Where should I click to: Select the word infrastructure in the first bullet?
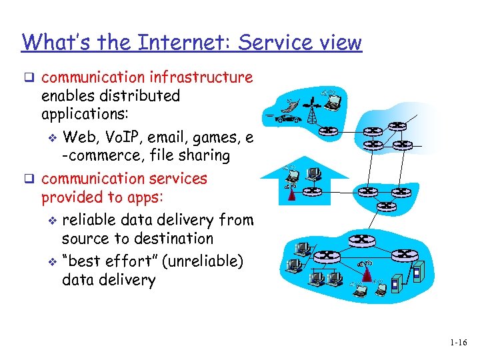(206, 77)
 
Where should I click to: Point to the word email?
(173, 138)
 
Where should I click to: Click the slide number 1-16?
(457, 343)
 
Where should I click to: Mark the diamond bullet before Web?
(54, 139)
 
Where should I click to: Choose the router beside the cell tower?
(329, 131)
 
